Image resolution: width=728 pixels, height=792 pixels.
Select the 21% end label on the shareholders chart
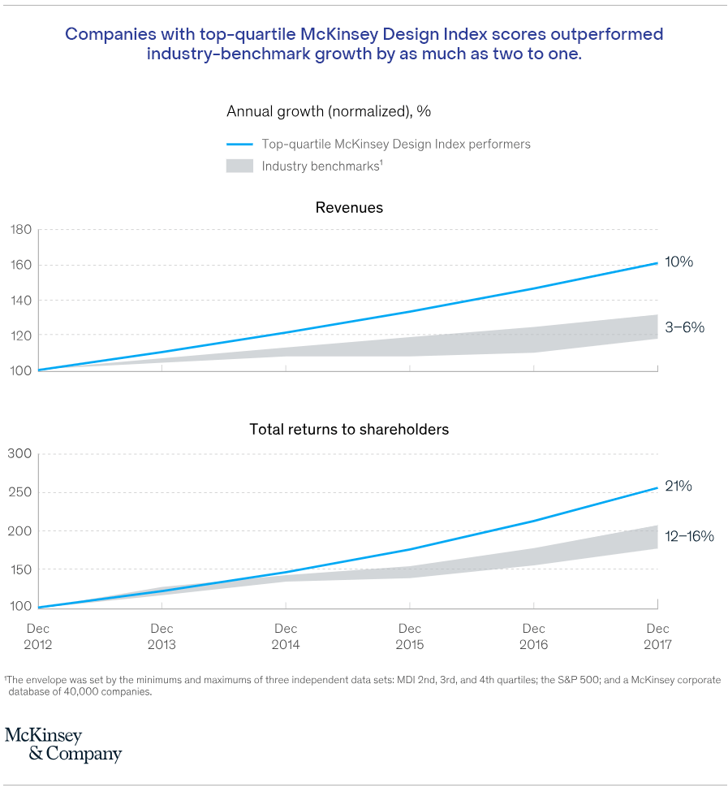tap(679, 487)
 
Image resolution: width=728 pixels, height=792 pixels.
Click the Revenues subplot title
tap(349, 208)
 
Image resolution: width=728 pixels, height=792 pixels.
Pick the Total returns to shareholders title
tap(349, 429)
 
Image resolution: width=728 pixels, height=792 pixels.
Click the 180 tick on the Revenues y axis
tap(21, 230)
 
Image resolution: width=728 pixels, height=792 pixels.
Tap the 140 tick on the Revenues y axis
tap(21, 301)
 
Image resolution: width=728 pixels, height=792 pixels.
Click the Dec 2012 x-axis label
tap(38, 637)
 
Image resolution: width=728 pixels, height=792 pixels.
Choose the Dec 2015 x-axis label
tap(410, 637)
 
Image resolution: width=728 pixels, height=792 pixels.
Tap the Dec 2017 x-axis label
tap(657, 637)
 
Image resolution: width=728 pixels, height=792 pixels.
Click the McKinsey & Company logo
tap(62, 745)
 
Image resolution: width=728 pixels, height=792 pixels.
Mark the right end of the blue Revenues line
tap(657, 263)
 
